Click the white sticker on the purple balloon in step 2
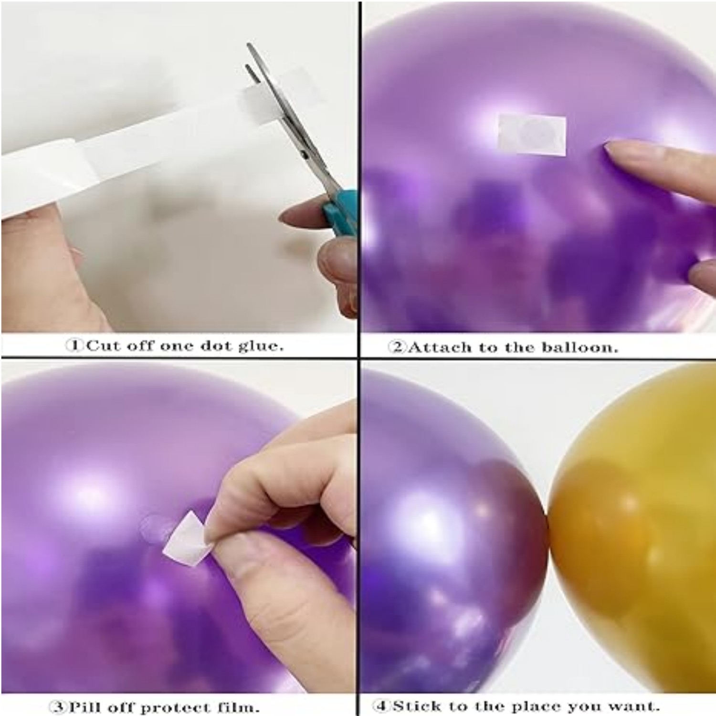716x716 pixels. coord(532,134)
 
